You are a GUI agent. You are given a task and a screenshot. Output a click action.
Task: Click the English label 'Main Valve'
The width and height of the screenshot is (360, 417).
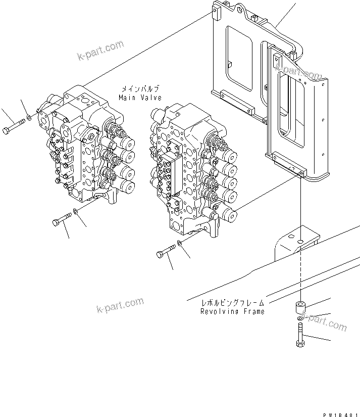click(x=140, y=97)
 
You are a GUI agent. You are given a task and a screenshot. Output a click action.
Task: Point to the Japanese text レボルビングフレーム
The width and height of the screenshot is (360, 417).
click(x=232, y=303)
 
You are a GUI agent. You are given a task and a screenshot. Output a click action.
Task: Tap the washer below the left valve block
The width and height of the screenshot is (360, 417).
click(x=75, y=211)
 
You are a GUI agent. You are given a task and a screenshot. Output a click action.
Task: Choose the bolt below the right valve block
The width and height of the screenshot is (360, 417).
click(x=166, y=250)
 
